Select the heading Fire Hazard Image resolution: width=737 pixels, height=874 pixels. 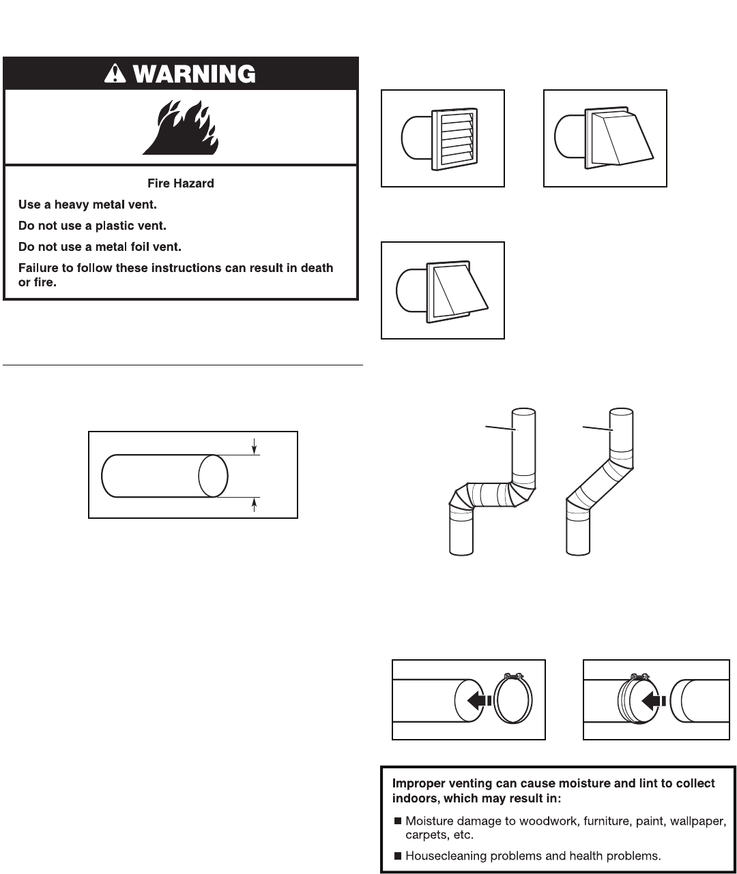(x=181, y=183)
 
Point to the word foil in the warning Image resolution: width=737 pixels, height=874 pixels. (x=140, y=246)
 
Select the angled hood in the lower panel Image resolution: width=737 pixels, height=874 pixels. (x=455, y=290)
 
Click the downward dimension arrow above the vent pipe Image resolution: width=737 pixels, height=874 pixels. (x=255, y=447)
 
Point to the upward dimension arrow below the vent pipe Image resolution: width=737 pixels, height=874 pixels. (x=255, y=504)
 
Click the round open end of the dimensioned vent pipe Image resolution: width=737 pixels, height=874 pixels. (x=213, y=476)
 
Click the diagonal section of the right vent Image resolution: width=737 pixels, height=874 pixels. (x=595, y=485)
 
